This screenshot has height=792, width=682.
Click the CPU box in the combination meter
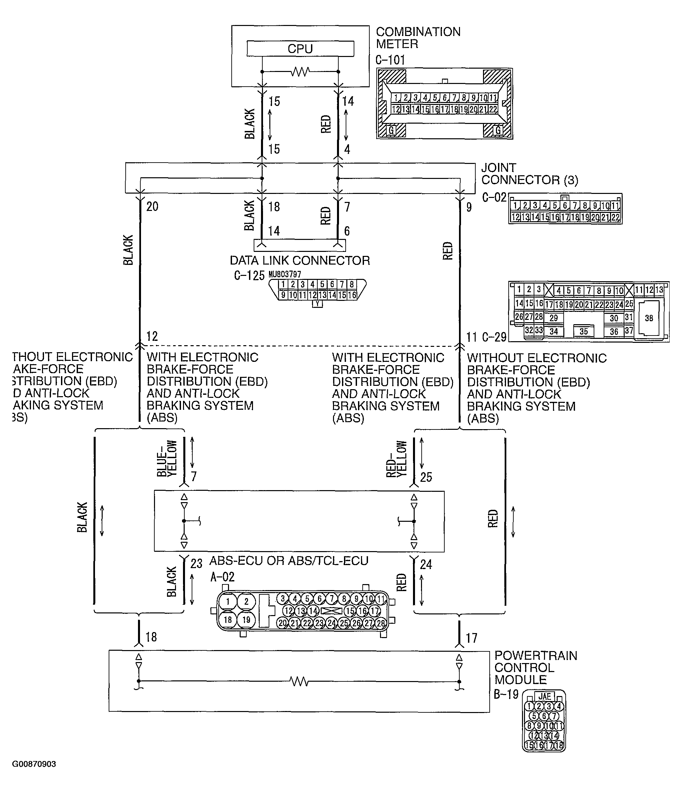tap(300, 49)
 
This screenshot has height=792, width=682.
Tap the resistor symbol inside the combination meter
tap(300, 72)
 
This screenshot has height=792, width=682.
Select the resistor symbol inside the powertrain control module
tap(299, 681)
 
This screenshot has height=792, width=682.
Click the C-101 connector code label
tap(390, 60)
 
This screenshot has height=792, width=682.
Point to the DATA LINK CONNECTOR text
tap(300, 261)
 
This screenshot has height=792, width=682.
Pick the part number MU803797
tap(285, 275)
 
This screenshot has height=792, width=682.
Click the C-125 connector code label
tap(249, 276)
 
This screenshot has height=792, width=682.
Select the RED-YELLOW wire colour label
tap(396, 459)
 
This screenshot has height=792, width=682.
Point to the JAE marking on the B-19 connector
tap(544, 696)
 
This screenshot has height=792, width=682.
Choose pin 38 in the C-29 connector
tap(649, 318)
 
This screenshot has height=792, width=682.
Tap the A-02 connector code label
tap(222, 577)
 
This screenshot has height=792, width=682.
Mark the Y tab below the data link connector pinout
tap(317, 304)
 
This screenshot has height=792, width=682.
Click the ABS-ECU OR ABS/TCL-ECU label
tap(289, 561)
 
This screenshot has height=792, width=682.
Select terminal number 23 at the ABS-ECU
tap(196, 564)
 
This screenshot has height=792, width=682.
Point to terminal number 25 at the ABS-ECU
tap(426, 477)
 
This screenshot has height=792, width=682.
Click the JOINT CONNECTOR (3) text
tap(529, 174)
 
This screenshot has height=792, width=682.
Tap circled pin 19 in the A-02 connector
tap(246, 620)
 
